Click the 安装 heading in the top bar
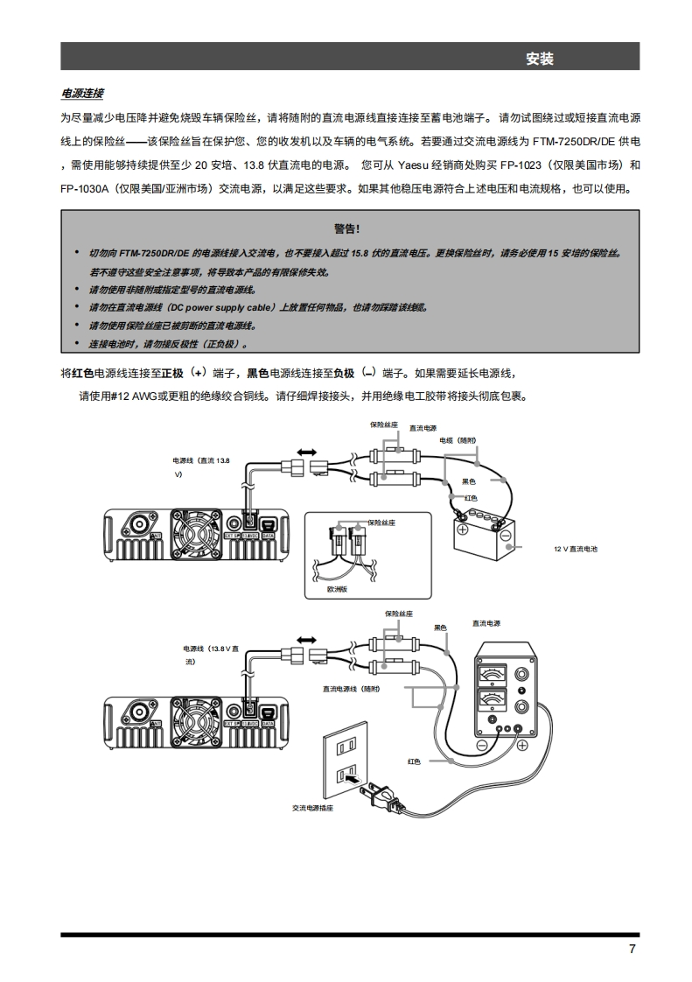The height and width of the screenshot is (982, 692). (x=540, y=59)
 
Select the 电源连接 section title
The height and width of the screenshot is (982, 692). (x=82, y=93)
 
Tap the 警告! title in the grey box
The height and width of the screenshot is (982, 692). (x=346, y=228)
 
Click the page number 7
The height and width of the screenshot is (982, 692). (x=632, y=950)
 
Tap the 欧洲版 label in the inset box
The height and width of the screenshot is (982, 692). (x=338, y=590)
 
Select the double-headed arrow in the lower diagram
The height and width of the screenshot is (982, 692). (x=308, y=640)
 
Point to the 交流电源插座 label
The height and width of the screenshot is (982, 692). (x=312, y=808)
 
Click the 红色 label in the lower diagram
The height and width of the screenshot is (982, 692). (x=413, y=761)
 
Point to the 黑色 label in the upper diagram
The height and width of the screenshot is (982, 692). (x=468, y=481)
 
